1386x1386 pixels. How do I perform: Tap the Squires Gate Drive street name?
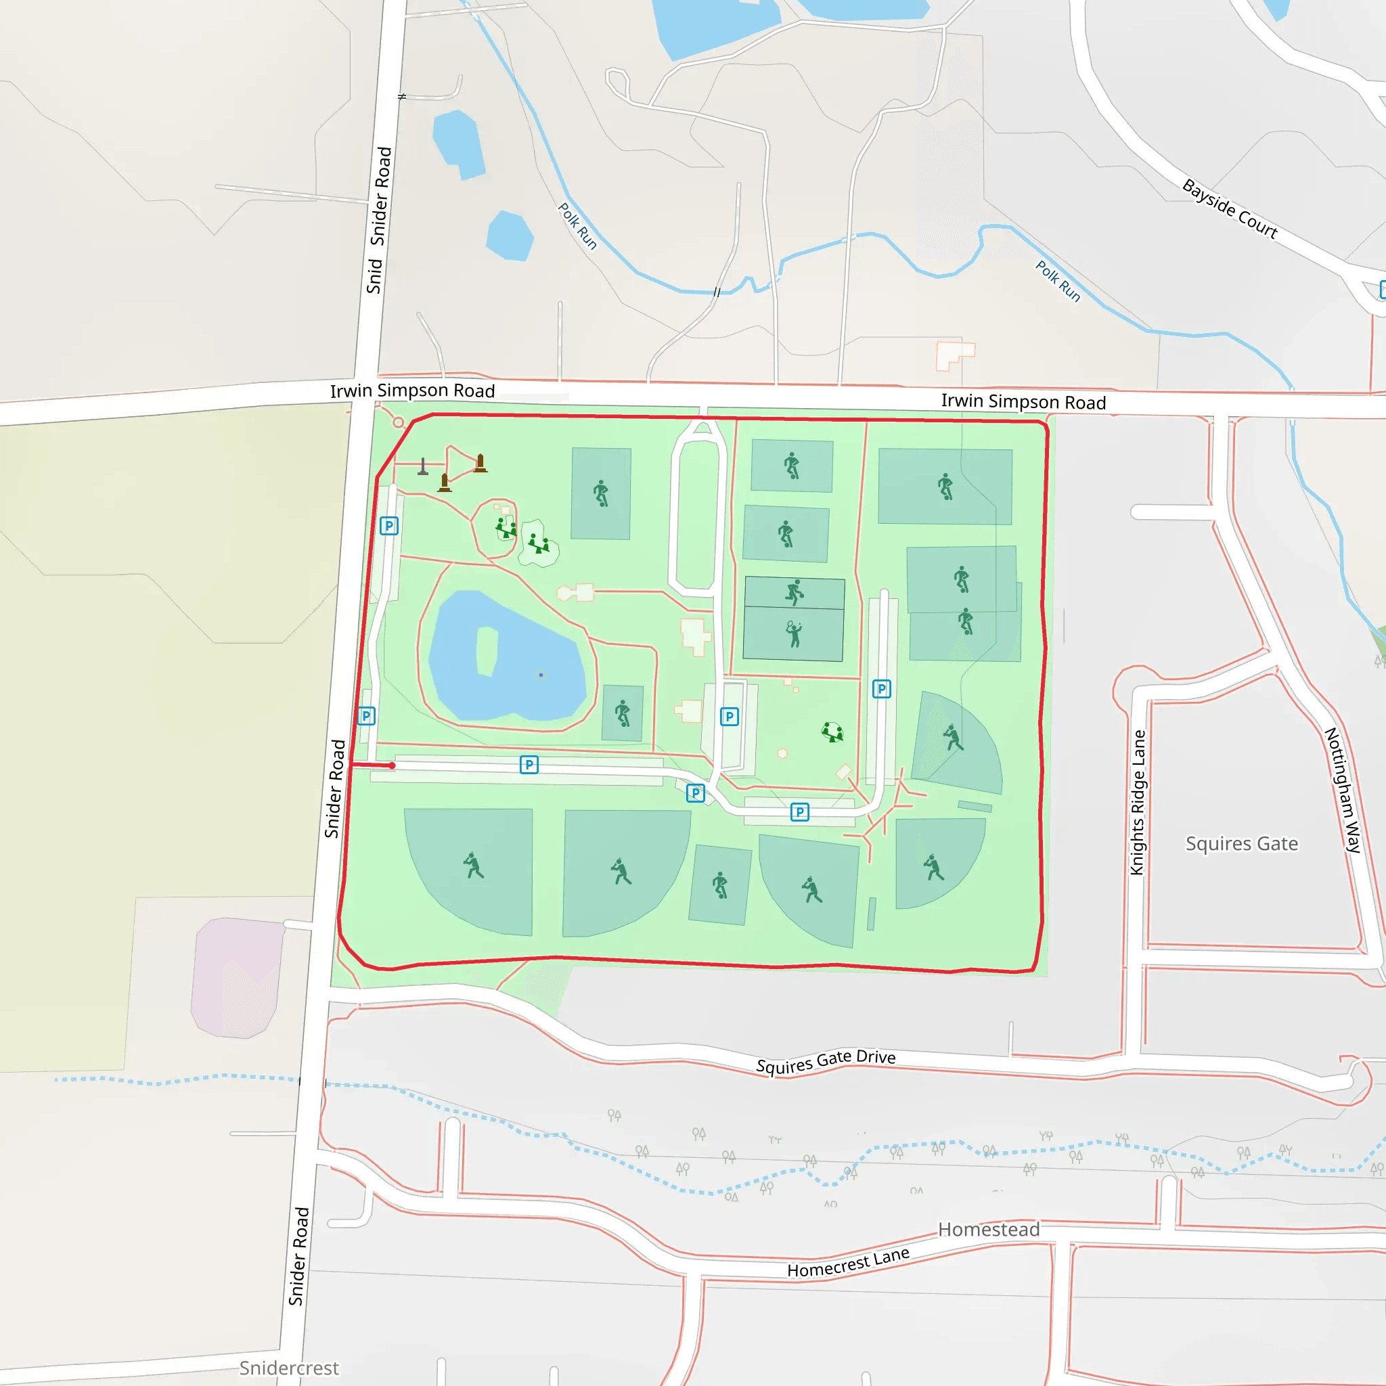[826, 1061]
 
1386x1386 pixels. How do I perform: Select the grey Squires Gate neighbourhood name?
[1241, 844]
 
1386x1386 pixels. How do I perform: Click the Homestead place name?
[989, 1230]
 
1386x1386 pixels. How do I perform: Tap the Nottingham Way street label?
[1342, 790]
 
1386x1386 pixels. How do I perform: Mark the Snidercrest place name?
[288, 1368]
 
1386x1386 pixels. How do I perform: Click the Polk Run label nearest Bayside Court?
[1058, 280]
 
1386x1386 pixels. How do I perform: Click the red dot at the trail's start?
[393, 766]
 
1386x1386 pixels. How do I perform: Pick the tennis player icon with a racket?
[793, 634]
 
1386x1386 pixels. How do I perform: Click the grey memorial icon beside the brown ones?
[423, 467]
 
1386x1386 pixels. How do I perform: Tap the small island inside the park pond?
[487, 650]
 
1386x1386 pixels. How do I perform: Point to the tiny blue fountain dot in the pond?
[541, 675]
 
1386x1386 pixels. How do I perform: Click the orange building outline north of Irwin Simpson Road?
[955, 355]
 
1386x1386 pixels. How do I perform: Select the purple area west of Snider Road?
[237, 977]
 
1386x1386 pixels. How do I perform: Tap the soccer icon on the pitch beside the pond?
[623, 713]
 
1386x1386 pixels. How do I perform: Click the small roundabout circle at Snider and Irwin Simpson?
[398, 422]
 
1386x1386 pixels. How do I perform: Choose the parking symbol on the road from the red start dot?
[529, 765]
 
